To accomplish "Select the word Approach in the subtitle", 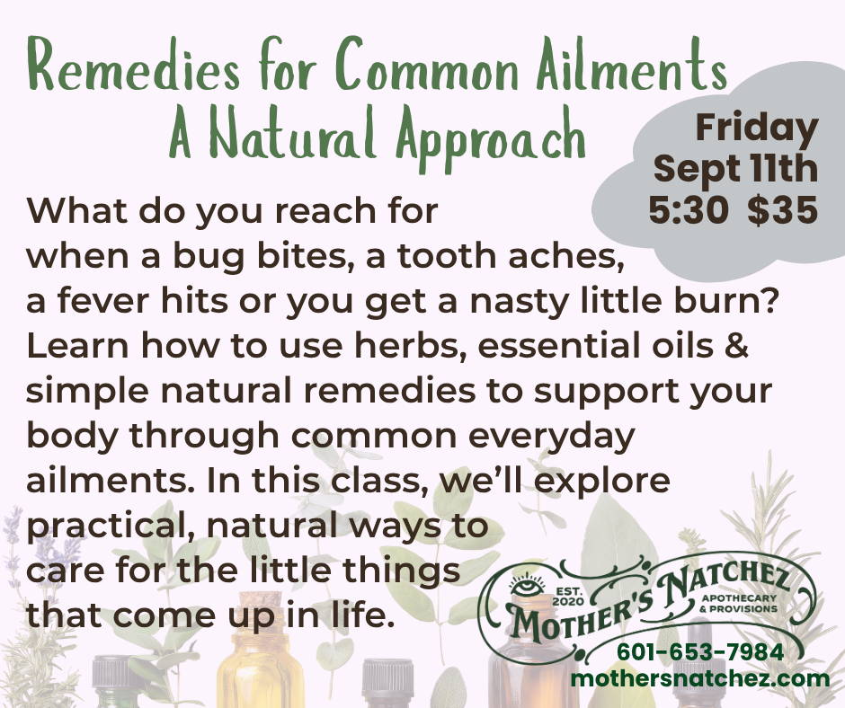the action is tap(492, 134).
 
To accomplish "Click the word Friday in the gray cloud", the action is tap(757, 128).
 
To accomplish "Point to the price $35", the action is tap(782, 209).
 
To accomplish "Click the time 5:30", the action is tap(689, 210).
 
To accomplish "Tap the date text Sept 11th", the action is tap(735, 168).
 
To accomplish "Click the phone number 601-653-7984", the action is tap(700, 652).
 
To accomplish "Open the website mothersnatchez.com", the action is tap(700, 678).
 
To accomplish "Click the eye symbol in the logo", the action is tap(521, 588).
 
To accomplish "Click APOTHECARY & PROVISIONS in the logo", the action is tap(739, 604).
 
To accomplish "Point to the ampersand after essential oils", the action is tap(737, 345).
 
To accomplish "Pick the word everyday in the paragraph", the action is tap(551, 437).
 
